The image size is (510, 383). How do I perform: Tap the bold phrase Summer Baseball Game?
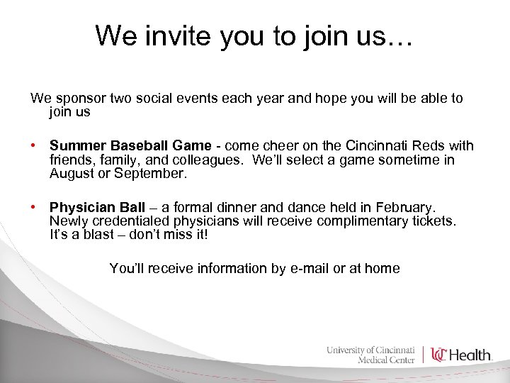pyautogui.click(x=130, y=146)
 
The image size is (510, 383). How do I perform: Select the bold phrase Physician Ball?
pyautogui.click(x=97, y=208)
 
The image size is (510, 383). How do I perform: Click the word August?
pyautogui.click(x=72, y=173)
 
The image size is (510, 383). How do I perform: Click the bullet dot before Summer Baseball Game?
pyautogui.click(x=34, y=146)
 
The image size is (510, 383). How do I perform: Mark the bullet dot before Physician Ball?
pyautogui.click(x=34, y=208)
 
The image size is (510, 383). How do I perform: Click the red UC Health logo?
pyautogui.click(x=461, y=355)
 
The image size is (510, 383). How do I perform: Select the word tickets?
pyautogui.click(x=435, y=221)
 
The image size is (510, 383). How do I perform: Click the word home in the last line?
pyautogui.click(x=382, y=269)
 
